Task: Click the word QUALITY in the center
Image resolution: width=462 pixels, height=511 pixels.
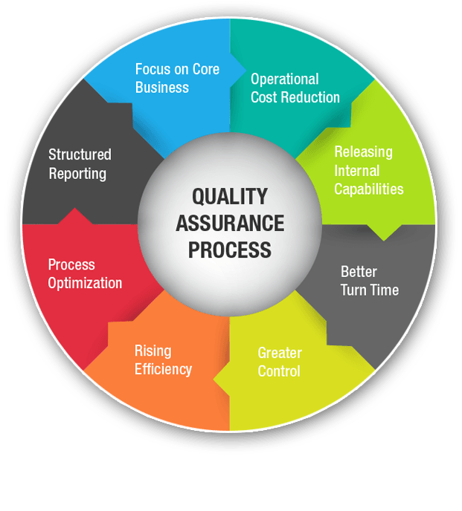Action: point(229,196)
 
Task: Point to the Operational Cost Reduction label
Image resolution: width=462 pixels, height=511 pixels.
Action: point(295,88)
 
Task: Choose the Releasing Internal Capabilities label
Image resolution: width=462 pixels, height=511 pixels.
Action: point(368,170)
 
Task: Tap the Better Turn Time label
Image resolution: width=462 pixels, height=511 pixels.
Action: point(369,280)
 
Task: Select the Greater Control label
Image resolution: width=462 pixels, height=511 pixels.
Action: point(279,361)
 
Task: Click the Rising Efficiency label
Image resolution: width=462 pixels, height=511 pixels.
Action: point(163,359)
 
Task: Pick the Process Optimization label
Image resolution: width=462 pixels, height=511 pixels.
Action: point(85,273)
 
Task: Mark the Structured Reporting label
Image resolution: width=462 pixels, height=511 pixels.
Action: point(79,164)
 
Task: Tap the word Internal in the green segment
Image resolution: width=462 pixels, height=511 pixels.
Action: point(358,170)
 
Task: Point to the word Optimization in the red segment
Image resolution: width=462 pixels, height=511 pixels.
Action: point(85,283)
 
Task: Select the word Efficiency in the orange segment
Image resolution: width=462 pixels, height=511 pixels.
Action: point(163,369)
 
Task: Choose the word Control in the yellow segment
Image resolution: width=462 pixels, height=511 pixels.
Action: point(279,371)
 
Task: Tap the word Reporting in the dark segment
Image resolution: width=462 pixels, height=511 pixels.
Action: point(77,174)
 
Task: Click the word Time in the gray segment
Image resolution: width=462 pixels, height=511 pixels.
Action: point(384,290)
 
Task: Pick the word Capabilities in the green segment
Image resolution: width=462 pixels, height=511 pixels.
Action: point(368,189)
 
